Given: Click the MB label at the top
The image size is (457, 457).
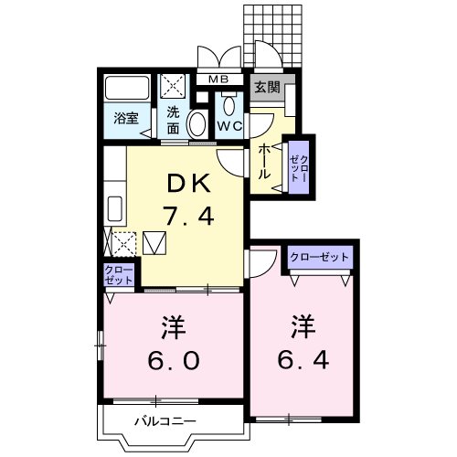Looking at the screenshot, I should point(219,80).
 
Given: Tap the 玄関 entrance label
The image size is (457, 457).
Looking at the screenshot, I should point(267,88).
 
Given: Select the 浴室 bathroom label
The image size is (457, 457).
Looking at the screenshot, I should point(125,119).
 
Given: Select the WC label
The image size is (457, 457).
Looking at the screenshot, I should point(228,126).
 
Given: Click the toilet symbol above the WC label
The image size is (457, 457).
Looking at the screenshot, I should point(228,103).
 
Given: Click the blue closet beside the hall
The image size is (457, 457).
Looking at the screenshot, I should point(299,166).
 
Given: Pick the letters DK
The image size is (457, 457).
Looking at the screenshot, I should point(188,185).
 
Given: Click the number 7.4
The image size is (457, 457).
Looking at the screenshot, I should point(188,218).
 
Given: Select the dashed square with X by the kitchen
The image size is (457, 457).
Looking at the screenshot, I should point(123,244).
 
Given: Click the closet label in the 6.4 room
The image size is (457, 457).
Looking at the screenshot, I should point(320,258).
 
